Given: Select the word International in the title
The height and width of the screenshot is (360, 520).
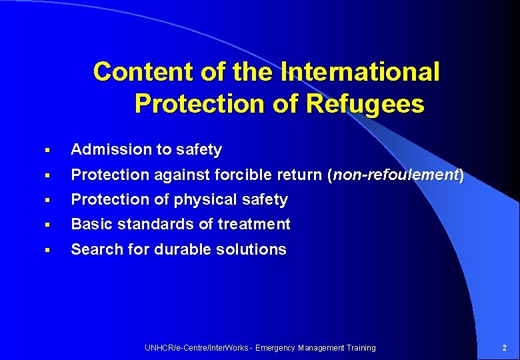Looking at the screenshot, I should [x=361, y=72].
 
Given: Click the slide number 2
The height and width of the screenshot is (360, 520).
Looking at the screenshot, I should [x=504, y=347].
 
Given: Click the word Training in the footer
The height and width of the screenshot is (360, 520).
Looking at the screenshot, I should [x=361, y=347].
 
